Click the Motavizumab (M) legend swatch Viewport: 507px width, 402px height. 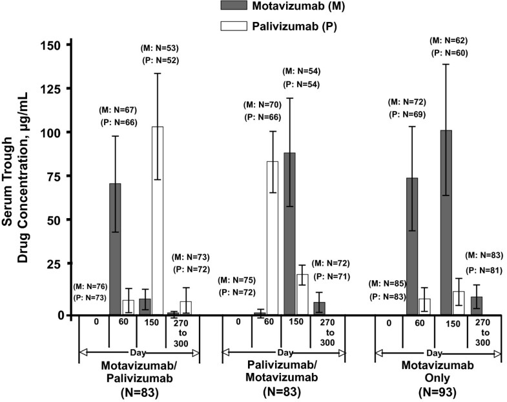(229, 6)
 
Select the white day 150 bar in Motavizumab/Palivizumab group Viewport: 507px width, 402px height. (156, 220)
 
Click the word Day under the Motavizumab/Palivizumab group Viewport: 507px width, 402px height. (138, 352)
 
